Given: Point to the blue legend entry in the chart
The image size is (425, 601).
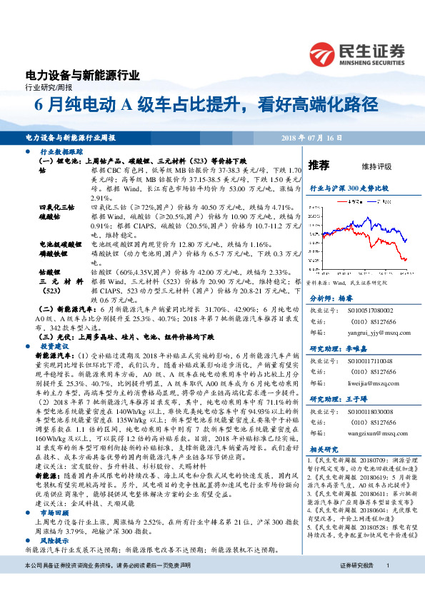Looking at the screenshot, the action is (x=380, y=202).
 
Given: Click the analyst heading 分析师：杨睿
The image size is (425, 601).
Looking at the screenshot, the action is (x=330, y=300).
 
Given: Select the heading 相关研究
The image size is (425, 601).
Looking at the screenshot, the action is (x=322, y=450).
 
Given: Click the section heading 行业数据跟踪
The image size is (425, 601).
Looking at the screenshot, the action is (x=62, y=153).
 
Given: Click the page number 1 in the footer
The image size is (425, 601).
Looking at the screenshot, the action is (x=388, y=586).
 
